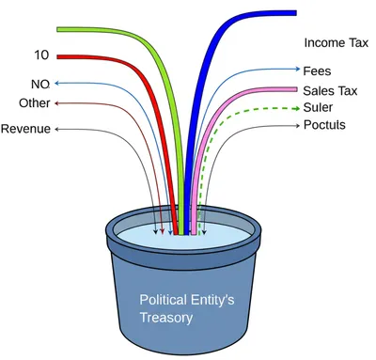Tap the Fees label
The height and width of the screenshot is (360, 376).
[316, 70]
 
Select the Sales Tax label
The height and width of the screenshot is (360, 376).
[329, 90]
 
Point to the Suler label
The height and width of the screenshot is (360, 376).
[318, 107]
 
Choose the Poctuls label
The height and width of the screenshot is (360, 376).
[324, 125]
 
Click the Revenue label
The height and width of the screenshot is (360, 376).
[25, 129]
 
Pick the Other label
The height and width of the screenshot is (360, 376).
[34, 103]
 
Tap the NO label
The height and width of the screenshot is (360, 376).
[39, 84]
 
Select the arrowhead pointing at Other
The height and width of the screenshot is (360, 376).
[59, 103]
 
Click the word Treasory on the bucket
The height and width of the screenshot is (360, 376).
[166, 318]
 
